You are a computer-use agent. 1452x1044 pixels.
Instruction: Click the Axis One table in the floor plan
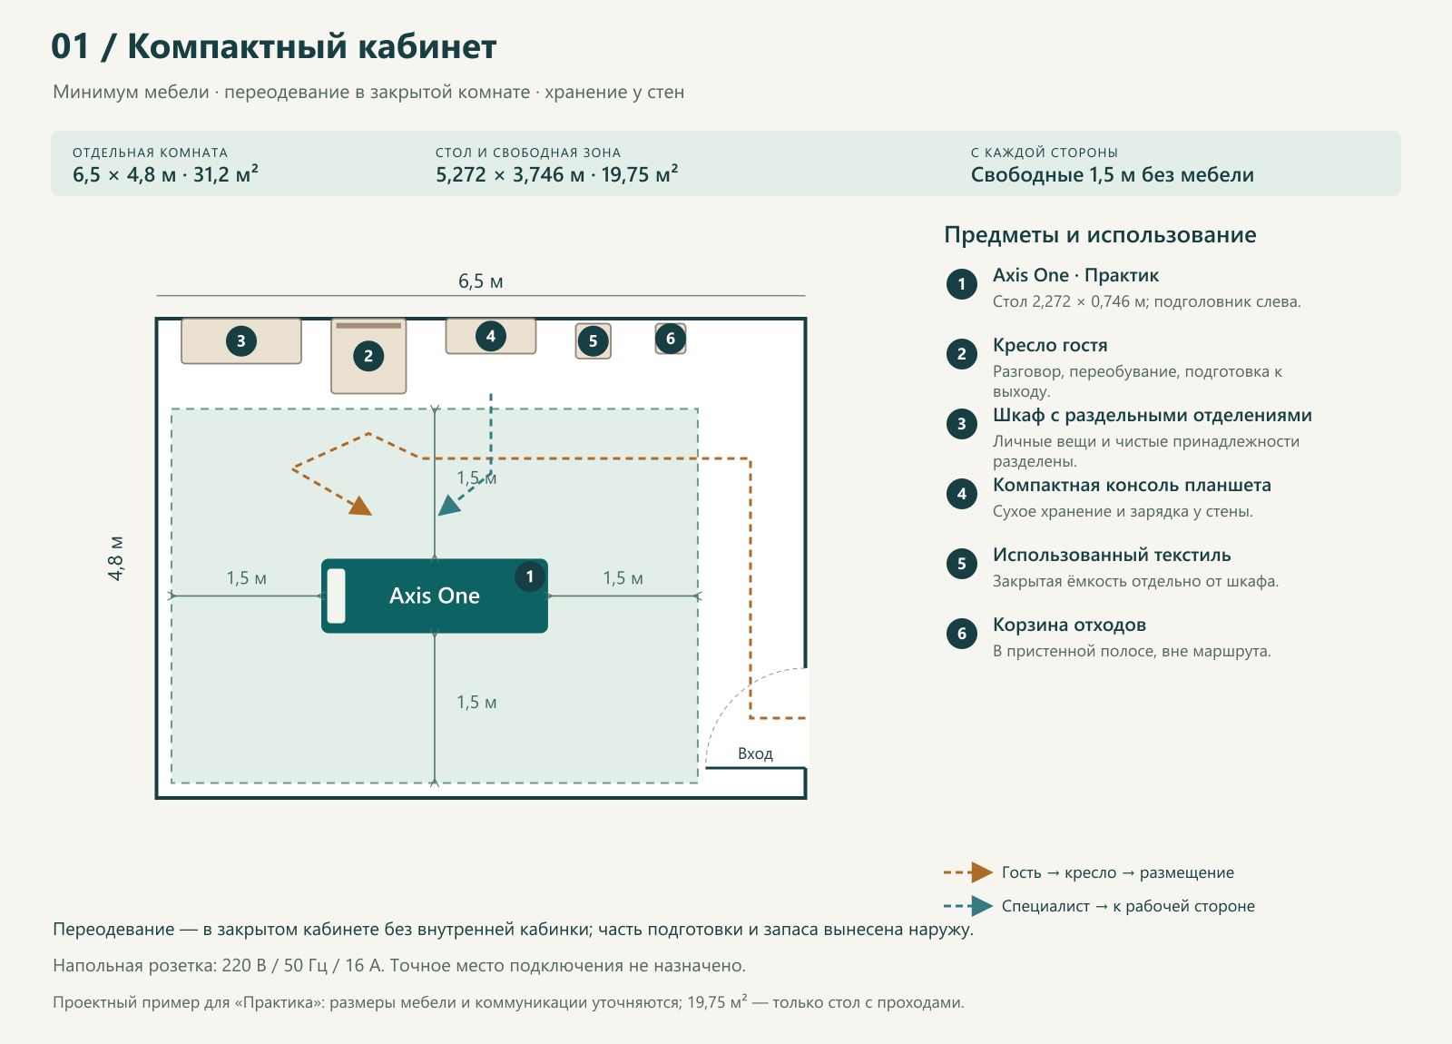tap(435, 596)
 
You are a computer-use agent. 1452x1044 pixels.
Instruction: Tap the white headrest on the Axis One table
tap(336, 596)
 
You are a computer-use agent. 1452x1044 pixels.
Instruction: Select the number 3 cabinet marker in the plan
tap(241, 341)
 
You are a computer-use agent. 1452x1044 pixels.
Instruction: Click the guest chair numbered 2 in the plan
tap(368, 356)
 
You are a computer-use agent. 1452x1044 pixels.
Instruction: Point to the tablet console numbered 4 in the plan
tap(491, 336)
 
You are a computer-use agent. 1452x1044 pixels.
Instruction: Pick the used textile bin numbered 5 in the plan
tap(594, 341)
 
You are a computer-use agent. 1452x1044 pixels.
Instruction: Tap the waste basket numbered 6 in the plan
tap(671, 339)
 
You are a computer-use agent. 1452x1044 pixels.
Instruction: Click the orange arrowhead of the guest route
tap(360, 506)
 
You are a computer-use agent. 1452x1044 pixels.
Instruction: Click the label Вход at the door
tap(755, 753)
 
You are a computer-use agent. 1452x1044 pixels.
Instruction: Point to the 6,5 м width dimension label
tap(480, 281)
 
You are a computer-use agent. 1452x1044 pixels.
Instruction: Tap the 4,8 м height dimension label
tap(115, 558)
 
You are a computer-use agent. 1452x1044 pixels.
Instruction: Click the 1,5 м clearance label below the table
tap(476, 703)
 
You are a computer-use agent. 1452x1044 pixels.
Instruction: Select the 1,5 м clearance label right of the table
tap(623, 577)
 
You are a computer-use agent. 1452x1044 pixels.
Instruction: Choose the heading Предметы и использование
tap(1100, 235)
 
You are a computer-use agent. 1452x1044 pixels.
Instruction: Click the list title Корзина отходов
tap(1070, 625)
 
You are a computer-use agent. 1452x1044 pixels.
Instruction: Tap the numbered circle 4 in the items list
tap(962, 494)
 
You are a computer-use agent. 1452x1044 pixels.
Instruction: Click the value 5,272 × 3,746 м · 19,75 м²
tap(557, 174)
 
